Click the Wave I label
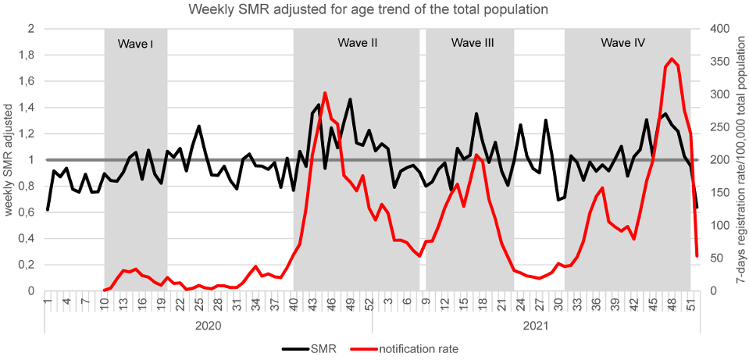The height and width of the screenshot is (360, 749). pyautogui.click(x=135, y=43)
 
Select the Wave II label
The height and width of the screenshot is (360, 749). pyautogui.click(x=358, y=42)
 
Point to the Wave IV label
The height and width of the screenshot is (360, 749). pyautogui.click(x=622, y=42)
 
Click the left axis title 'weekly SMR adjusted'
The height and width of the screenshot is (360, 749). pyautogui.click(x=9, y=160)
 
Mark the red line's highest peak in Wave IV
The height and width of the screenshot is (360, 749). pyautogui.click(x=672, y=59)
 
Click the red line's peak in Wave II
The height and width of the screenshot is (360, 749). pyautogui.click(x=325, y=93)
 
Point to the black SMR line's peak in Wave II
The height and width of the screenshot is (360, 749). pyautogui.click(x=350, y=99)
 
